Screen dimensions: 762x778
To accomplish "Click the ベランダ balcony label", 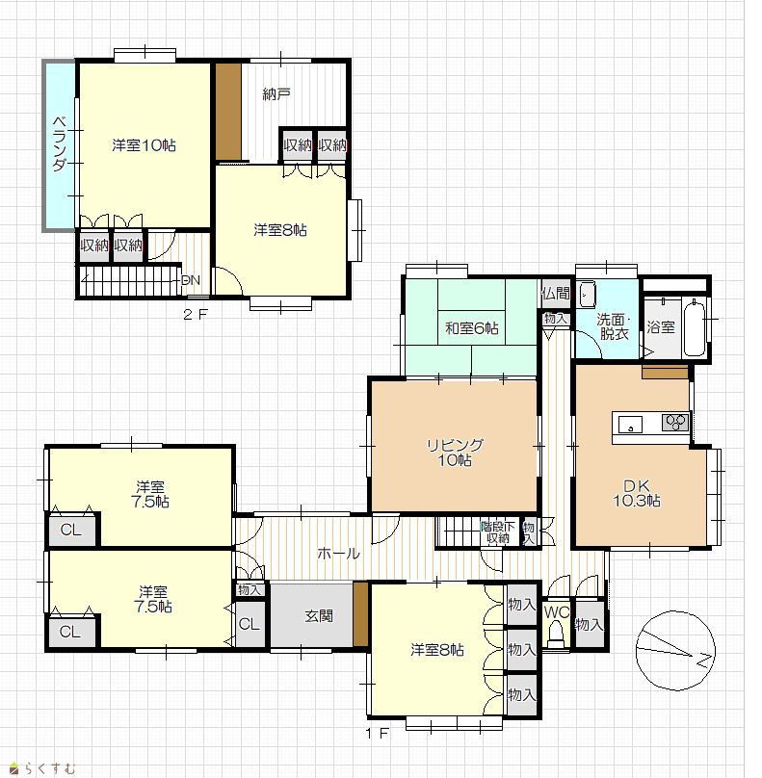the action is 60,143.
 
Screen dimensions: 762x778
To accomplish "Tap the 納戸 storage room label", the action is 276,93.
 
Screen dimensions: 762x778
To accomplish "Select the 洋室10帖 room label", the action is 144,145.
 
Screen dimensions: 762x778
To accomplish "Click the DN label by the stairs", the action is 191,280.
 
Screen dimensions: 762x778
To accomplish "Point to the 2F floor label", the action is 196,314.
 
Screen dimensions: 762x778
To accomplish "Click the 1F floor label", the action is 378,733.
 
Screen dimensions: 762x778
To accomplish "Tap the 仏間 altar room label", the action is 556,294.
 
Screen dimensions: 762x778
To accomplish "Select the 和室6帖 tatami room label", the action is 472,328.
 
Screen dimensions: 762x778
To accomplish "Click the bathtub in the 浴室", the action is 694,327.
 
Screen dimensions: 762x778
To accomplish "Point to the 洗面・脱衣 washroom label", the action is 614,326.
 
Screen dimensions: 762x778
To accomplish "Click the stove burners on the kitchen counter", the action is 675,423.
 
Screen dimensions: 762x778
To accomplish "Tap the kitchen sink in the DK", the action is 630,426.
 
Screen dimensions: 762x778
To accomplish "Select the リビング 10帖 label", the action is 455,452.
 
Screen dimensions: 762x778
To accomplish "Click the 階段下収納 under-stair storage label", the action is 497,532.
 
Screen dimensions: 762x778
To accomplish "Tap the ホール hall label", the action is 338,553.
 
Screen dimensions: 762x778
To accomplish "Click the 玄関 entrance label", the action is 319,616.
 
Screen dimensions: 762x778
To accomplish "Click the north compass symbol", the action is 675,651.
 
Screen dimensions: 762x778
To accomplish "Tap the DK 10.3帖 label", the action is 637,493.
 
